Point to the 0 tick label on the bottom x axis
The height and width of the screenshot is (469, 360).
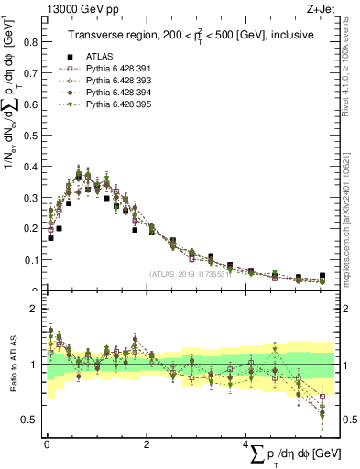(x=47, y=444)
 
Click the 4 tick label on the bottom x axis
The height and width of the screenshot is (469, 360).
(x=245, y=444)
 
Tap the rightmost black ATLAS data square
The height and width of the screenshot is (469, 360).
(x=322, y=276)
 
